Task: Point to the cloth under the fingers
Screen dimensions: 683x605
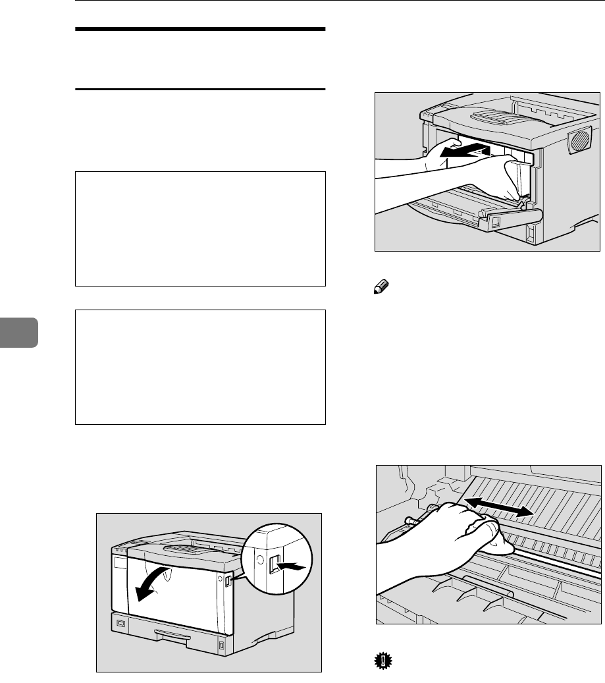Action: tap(503, 543)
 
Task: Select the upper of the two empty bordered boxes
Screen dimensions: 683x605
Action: tap(201, 229)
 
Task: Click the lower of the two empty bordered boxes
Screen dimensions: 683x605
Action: tap(201, 367)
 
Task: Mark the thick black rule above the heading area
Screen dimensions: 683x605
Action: tap(201, 30)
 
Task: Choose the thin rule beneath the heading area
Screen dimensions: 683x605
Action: tap(201, 89)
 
